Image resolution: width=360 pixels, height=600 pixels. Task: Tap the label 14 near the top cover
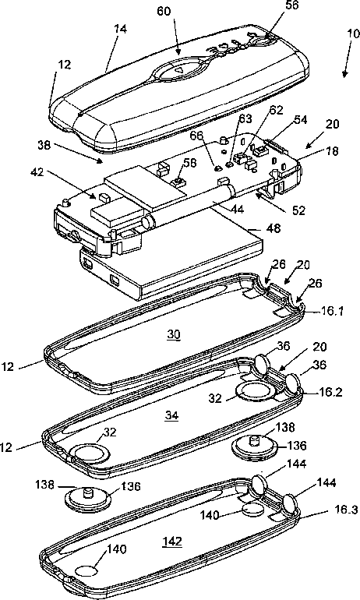pos(121,30)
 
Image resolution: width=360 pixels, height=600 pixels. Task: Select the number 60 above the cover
pos(164,11)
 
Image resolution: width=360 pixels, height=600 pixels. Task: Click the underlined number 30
pos(173,335)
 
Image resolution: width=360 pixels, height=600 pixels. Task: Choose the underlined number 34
pos(171,415)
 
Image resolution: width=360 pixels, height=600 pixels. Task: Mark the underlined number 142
pos(171,542)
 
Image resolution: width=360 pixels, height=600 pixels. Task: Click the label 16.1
pos(332,311)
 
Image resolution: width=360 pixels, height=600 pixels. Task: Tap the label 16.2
pos(331,392)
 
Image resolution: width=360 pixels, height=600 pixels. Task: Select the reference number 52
pos(298,210)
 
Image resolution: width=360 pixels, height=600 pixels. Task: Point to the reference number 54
pos(300,120)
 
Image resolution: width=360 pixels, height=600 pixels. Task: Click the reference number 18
pos(333,150)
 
